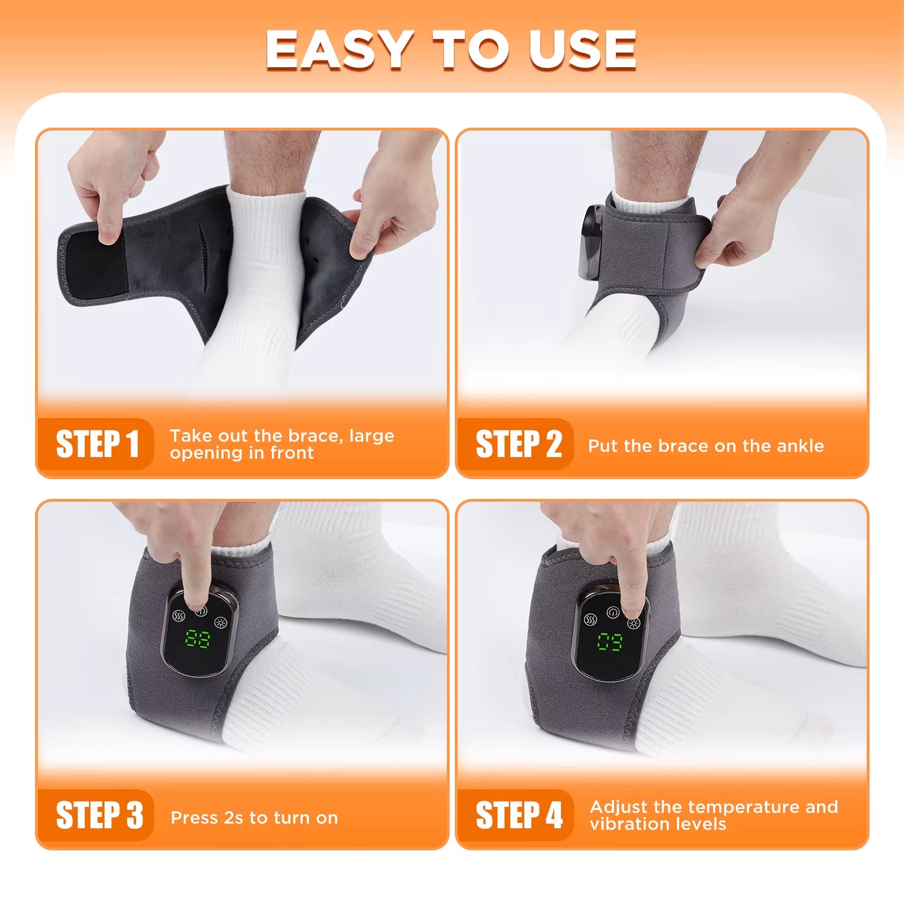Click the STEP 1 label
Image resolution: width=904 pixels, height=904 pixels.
coord(97,444)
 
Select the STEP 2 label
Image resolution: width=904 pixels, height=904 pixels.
coord(518,444)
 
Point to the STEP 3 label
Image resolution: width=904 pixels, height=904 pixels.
coord(99,815)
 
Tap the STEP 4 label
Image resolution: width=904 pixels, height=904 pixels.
coord(519,815)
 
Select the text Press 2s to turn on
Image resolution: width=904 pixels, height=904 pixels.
coord(254,818)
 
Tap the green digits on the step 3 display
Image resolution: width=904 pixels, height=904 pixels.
coord(198,639)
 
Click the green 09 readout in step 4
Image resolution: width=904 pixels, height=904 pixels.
coord(610,641)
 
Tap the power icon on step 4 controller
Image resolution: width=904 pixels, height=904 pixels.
coord(613,612)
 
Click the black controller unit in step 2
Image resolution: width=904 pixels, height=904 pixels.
coord(591,243)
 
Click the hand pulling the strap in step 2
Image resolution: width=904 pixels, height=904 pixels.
coord(746,226)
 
